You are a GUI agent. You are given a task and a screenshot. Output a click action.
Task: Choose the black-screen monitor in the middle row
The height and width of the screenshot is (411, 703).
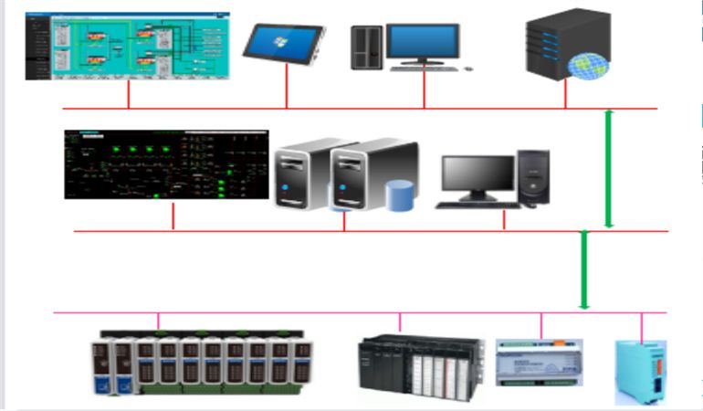coord(478,176)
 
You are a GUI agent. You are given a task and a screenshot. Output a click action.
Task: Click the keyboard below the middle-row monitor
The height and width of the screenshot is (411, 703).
coord(477,205)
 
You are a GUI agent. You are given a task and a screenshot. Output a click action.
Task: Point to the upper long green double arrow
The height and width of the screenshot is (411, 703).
coord(609,169)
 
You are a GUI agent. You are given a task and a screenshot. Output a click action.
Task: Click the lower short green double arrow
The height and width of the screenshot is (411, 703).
coord(585,270)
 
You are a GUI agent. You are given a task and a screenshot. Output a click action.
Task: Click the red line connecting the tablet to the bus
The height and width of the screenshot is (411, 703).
coord(288,87)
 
